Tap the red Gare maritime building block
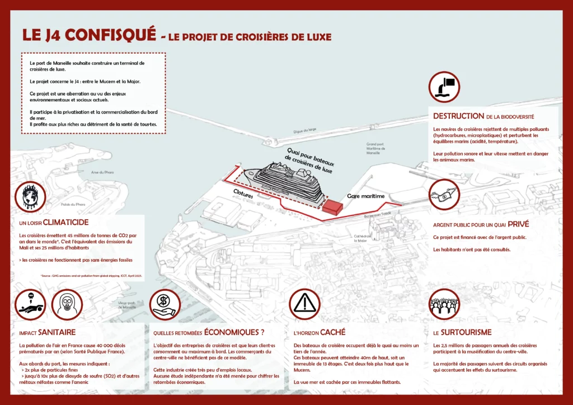click(331, 207)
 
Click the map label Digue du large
click(305, 130)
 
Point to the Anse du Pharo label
click(102, 172)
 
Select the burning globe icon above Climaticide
click(31, 196)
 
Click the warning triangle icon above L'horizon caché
click(304, 304)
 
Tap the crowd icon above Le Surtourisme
click(444, 304)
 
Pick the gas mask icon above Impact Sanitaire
click(67, 304)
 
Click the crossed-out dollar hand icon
click(165, 304)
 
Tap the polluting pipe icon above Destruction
click(444, 87)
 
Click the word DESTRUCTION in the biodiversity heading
click(458, 116)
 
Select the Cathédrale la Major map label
click(363, 238)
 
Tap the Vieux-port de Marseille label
click(127, 305)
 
